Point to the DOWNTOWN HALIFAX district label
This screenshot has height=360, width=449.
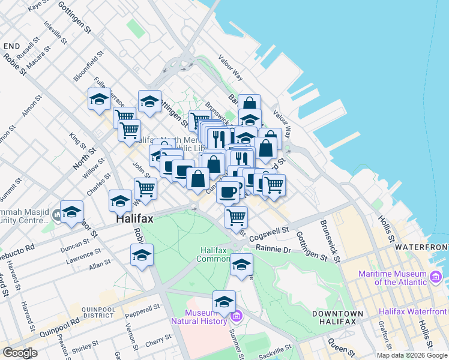[x=338, y=317]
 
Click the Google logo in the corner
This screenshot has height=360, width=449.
[x=20, y=352]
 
